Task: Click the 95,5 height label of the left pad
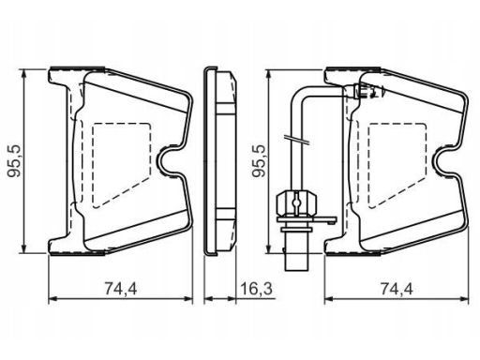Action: [x=14, y=160]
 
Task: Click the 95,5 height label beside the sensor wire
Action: [x=259, y=160]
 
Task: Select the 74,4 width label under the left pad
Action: [x=121, y=288]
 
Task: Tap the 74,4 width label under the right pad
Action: [x=397, y=288]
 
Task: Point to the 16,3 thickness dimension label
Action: [x=256, y=288]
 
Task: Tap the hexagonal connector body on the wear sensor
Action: [x=296, y=202]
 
